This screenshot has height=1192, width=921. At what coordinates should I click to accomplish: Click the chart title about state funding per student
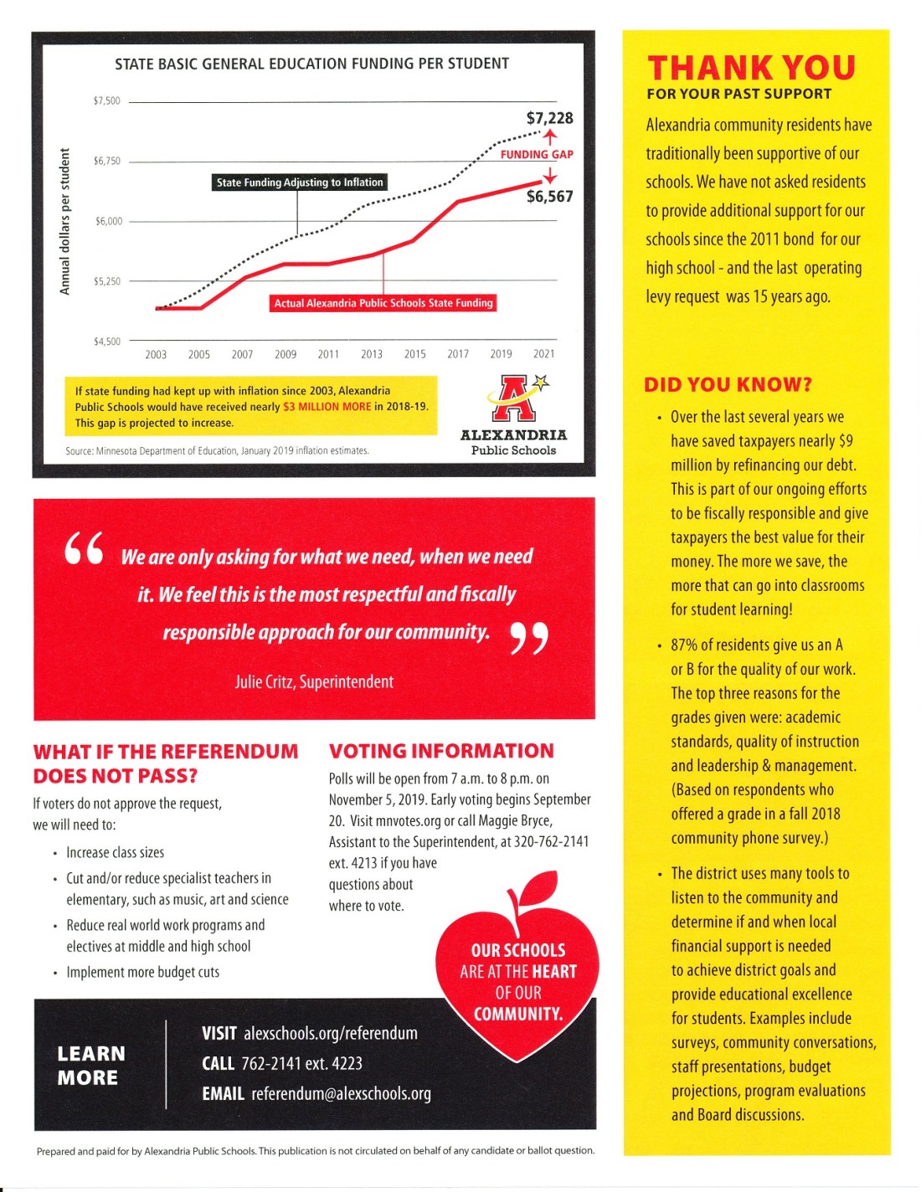coord(311,64)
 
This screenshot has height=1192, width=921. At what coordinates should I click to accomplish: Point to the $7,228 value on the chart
coord(549,118)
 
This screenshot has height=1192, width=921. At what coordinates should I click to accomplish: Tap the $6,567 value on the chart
coord(549,197)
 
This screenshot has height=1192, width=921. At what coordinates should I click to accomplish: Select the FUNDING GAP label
coord(537,154)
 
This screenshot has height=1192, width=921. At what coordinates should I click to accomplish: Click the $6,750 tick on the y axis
coord(107,161)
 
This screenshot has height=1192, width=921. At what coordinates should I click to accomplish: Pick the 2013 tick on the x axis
coord(371,354)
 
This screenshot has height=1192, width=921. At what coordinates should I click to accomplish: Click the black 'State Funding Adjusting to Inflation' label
coord(299,182)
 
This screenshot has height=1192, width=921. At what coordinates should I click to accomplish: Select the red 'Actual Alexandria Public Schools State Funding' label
coord(383,303)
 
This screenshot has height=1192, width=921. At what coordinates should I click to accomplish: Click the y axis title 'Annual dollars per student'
coord(64,222)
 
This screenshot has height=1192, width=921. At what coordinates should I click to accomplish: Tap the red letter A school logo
coord(514,398)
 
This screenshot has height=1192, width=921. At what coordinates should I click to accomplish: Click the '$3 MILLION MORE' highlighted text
coord(327,407)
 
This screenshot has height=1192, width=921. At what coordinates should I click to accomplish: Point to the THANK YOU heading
coord(751,68)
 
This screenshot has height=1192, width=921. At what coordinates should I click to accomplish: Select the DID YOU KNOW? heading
coord(728,385)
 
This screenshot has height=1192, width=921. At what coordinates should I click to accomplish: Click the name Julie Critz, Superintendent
coord(314,682)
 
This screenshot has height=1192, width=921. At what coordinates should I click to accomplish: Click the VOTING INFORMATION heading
coord(441,751)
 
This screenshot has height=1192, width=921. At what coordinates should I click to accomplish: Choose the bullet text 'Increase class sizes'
coord(116,852)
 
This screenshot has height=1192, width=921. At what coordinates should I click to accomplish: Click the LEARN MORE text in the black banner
coord(90,1066)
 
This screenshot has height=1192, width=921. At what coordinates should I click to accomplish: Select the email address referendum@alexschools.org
coord(341,1094)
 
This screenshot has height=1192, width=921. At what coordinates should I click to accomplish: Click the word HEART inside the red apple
coord(554,972)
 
